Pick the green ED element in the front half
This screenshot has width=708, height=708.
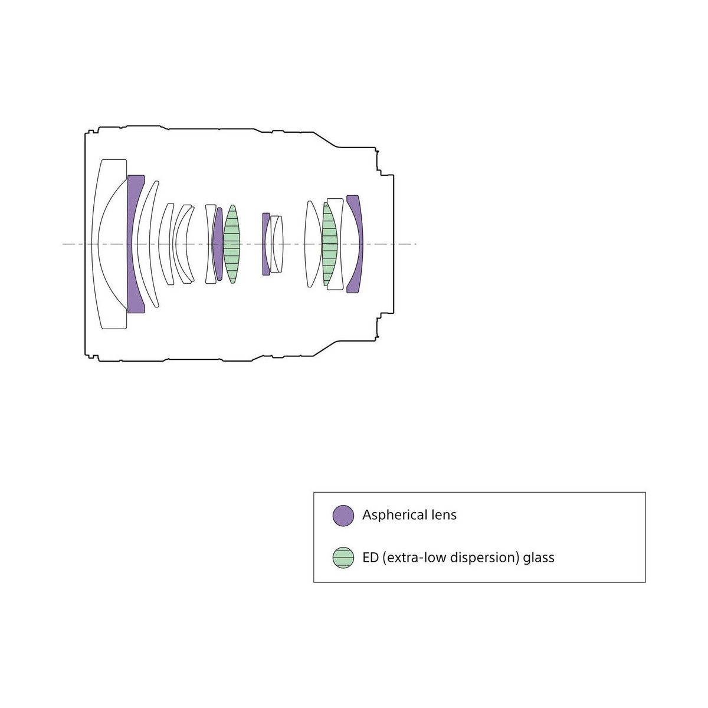click(x=232, y=244)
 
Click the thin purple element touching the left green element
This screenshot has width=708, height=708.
click(x=218, y=244)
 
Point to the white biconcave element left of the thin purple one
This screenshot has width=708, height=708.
click(x=210, y=244)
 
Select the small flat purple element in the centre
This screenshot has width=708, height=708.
click(x=265, y=244)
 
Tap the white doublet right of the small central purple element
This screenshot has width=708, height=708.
click(x=277, y=244)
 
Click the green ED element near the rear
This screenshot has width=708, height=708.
click(x=330, y=244)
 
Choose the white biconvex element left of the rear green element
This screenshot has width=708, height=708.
click(x=313, y=244)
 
